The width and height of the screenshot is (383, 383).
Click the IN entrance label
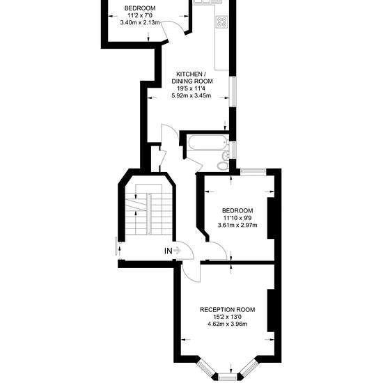169,251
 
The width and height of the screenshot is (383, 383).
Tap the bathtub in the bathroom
208,143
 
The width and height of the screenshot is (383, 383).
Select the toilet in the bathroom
223,166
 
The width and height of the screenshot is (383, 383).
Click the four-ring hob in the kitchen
222,22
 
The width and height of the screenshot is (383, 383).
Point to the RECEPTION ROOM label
228,310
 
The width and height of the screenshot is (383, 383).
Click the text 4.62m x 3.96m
228,324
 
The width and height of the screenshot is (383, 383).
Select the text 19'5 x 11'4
192,88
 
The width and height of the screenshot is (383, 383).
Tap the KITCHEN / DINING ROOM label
192,77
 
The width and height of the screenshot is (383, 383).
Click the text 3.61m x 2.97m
237,225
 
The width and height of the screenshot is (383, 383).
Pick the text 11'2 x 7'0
140,15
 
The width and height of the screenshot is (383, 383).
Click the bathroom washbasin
226,155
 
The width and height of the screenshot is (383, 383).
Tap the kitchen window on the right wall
233,92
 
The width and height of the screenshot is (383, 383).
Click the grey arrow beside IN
177,251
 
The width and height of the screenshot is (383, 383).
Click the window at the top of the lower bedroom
253,172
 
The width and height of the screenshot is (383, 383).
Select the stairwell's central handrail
149,214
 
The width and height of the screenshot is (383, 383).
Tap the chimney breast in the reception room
271,311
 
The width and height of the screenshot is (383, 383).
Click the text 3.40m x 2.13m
140,23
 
